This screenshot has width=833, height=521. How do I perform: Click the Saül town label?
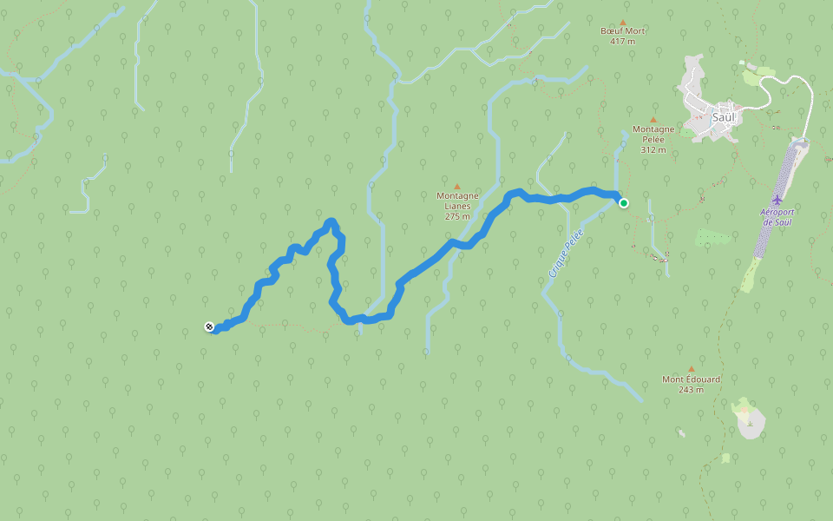(x=723, y=116)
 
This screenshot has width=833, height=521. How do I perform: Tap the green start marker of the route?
(x=623, y=203)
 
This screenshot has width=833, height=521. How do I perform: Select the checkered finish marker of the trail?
(x=209, y=326)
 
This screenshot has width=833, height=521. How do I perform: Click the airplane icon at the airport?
(x=777, y=201)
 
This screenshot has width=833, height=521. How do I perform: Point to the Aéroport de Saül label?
(x=778, y=217)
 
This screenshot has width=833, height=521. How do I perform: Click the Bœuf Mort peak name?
(x=623, y=31)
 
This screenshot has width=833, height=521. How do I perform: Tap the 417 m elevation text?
(x=623, y=41)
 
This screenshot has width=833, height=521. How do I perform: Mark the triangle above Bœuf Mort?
(x=623, y=22)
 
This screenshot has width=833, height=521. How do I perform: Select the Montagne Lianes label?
(x=457, y=201)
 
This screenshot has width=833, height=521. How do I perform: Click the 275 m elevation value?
(x=457, y=216)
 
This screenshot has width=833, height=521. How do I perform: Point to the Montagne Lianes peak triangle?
(x=457, y=186)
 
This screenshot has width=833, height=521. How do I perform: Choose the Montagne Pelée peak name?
(x=653, y=134)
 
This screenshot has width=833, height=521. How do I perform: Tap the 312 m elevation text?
(x=653, y=149)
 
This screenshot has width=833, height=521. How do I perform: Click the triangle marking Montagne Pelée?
(x=653, y=120)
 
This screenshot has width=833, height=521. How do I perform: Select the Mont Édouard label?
(x=692, y=379)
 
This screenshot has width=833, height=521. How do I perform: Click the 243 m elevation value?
(x=692, y=390)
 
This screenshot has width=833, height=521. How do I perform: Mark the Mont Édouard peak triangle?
(x=692, y=369)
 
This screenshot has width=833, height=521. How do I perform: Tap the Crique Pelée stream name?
(x=565, y=253)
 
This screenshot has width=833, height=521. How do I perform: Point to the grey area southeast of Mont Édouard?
(x=751, y=424)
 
